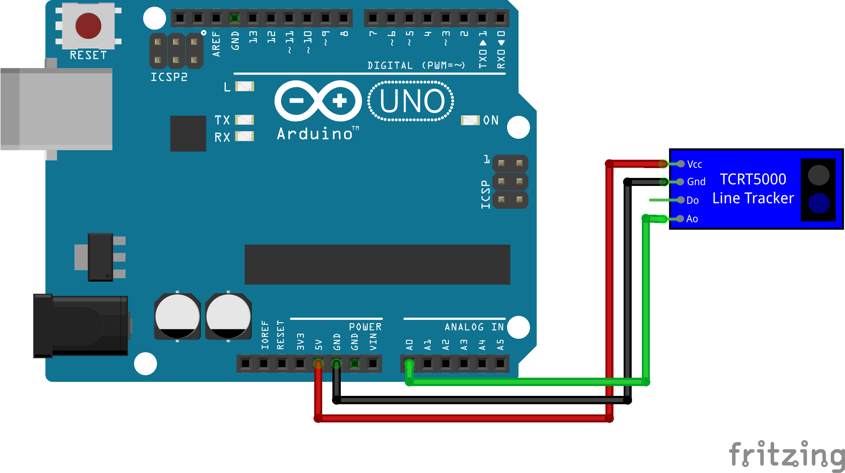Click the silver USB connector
(x=56, y=109)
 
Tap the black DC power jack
(x=80, y=326)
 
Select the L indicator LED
(x=245, y=86)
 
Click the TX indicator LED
(x=245, y=120)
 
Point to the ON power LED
(x=470, y=120)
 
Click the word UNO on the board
(x=412, y=101)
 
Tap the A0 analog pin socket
(x=409, y=363)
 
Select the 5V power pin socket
(x=318, y=363)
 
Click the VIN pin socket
(x=373, y=363)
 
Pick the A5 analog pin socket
(x=500, y=363)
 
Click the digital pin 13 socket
(x=253, y=18)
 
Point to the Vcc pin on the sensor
(x=681, y=164)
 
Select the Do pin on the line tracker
(x=681, y=200)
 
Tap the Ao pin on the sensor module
(x=680, y=219)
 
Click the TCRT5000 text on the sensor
(x=753, y=179)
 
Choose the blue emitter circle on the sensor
(x=819, y=203)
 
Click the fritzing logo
(x=786, y=455)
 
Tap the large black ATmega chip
(x=377, y=265)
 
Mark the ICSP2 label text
(x=169, y=77)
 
